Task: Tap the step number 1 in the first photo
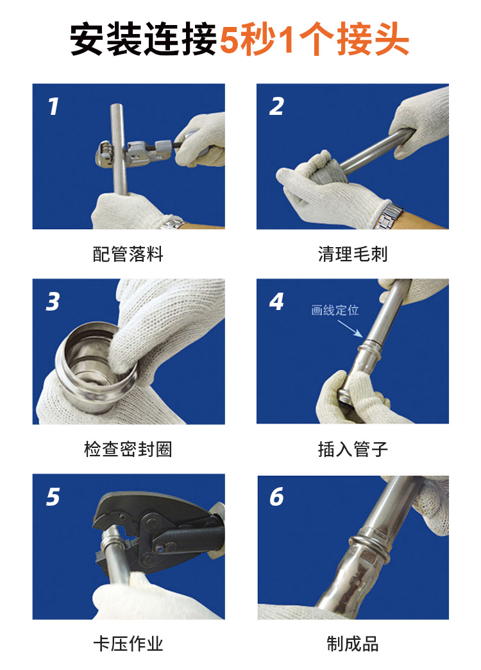click(54, 107)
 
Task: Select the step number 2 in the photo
click(276, 107)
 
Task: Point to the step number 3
click(53, 301)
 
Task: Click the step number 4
click(276, 301)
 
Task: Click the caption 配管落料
click(128, 254)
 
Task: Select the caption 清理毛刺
click(353, 254)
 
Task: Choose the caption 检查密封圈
click(128, 449)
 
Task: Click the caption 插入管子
click(353, 449)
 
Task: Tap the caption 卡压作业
click(128, 643)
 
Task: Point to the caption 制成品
click(353, 643)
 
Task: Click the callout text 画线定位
click(335, 311)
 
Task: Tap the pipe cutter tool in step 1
click(138, 147)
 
